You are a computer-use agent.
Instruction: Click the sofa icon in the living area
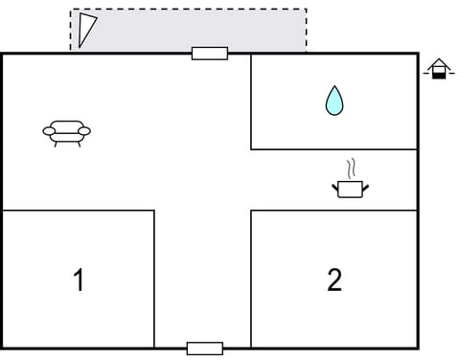pos(66,132)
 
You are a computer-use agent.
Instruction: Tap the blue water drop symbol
pos(333,100)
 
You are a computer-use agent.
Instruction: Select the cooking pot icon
pos(351,188)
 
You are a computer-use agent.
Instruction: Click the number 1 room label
pos(79,281)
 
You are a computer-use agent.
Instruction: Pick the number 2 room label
pos(333,280)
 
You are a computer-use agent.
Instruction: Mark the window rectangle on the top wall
pos(209,54)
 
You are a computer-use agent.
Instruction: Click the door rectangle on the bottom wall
pos(204,348)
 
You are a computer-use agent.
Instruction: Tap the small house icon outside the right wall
pos(438,69)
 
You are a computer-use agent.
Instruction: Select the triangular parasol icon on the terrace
pos(87,29)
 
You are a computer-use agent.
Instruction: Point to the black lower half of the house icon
pos(438,74)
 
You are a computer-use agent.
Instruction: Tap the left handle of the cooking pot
pos(335,185)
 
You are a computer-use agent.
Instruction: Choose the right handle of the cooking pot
pos(366,185)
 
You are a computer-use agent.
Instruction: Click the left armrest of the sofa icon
pos(49,130)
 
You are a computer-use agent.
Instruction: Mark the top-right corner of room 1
pos(154,211)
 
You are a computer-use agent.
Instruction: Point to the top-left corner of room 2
pos(251,211)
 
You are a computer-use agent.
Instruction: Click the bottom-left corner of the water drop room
pos(251,149)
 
